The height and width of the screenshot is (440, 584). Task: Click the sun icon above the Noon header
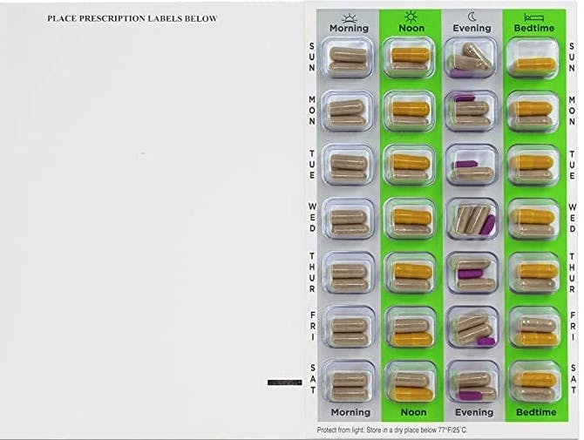pyautogui.click(x=411, y=17)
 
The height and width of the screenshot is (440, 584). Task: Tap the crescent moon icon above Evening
pyautogui.click(x=472, y=17)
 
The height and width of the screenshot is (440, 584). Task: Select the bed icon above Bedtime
pyautogui.click(x=534, y=17)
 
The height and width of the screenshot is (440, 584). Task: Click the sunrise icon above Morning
pyautogui.click(x=350, y=18)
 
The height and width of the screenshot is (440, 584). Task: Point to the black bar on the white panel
pyautogui.click(x=284, y=382)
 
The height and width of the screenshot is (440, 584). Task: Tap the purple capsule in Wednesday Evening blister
pyautogui.click(x=488, y=225)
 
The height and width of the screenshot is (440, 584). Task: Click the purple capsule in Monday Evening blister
pyautogui.click(x=465, y=98)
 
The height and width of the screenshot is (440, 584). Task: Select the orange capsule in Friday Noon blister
pyautogui.click(x=411, y=339)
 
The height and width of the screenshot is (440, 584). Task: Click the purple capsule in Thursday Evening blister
pyautogui.click(x=471, y=274)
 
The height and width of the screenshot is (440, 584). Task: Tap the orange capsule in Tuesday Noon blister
pyautogui.click(x=411, y=162)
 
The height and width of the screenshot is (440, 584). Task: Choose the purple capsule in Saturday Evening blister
pyautogui.click(x=472, y=396)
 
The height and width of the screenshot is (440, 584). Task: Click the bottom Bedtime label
pyautogui.click(x=536, y=412)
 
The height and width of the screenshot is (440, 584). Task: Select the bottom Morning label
pyautogui.click(x=350, y=412)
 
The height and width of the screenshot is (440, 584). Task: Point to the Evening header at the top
pyautogui.click(x=472, y=28)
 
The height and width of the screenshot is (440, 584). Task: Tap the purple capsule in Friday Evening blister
pyautogui.click(x=486, y=341)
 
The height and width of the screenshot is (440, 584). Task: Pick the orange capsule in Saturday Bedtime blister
pyautogui.click(x=535, y=380)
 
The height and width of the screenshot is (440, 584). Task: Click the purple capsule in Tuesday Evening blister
pyautogui.click(x=465, y=164)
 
